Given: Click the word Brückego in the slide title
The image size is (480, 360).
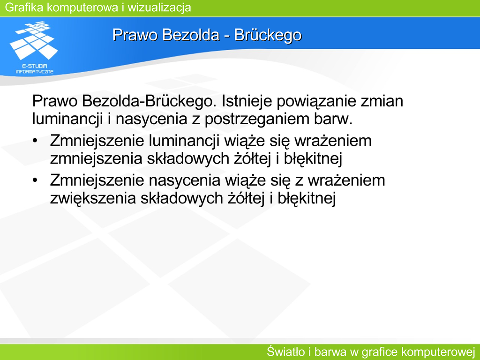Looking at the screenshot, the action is pos(268,35).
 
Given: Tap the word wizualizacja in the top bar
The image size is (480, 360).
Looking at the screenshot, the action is pos(159,7).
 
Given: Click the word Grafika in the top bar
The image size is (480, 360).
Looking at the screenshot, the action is pos(24,7).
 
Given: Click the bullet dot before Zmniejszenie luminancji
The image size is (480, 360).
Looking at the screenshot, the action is pos(35,141).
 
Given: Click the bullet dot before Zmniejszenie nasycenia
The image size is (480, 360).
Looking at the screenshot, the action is pos(35,180).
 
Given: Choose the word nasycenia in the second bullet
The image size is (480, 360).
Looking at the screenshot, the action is pos(184,181).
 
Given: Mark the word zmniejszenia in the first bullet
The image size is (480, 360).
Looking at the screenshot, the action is pos(96,159).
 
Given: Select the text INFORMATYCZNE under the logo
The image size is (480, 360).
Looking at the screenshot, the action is pos(35,72).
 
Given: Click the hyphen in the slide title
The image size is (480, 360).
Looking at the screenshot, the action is pos(227,36).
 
